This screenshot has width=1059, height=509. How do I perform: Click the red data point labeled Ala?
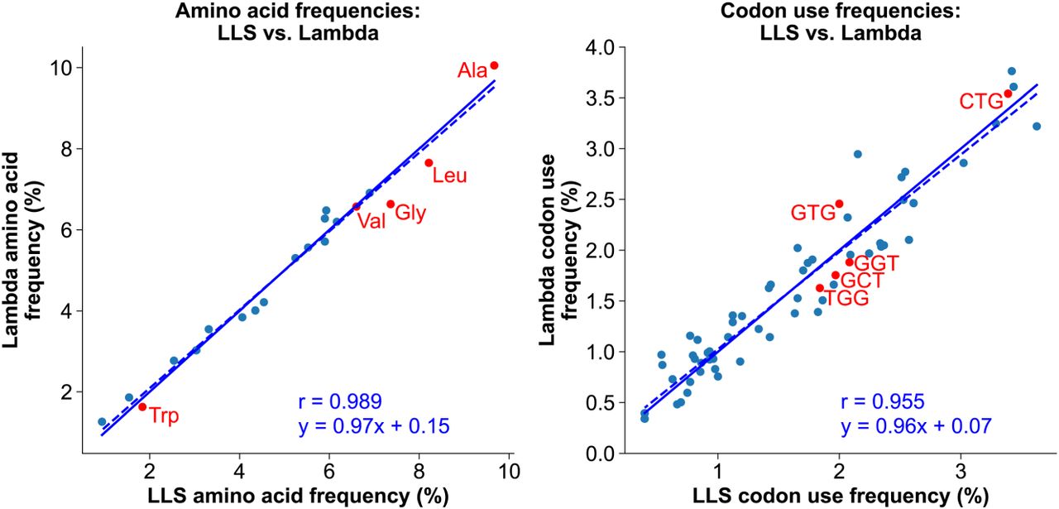[x=494, y=65]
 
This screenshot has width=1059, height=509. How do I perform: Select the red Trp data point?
[x=142, y=407]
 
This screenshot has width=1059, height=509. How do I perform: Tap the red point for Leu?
[x=429, y=163]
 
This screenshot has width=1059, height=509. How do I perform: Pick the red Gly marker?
[x=391, y=204]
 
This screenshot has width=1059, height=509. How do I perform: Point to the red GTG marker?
[x=839, y=204]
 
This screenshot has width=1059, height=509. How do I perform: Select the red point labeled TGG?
[x=820, y=288]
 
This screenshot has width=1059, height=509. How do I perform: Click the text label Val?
[x=371, y=221]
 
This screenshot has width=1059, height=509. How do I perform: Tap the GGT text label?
[x=876, y=263]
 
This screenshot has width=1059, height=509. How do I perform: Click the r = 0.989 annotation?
[x=340, y=401]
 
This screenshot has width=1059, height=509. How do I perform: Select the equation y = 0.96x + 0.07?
[x=916, y=426]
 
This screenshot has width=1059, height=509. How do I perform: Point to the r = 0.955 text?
[x=883, y=401]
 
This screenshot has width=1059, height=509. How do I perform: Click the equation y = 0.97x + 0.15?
[x=374, y=426]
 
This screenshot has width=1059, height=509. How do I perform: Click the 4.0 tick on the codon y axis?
[x=599, y=47]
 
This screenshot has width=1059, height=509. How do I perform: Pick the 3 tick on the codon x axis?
[x=961, y=471]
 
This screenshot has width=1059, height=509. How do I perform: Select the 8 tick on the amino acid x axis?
[x=419, y=471]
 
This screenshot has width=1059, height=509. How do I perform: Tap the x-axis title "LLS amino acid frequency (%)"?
[x=299, y=497]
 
